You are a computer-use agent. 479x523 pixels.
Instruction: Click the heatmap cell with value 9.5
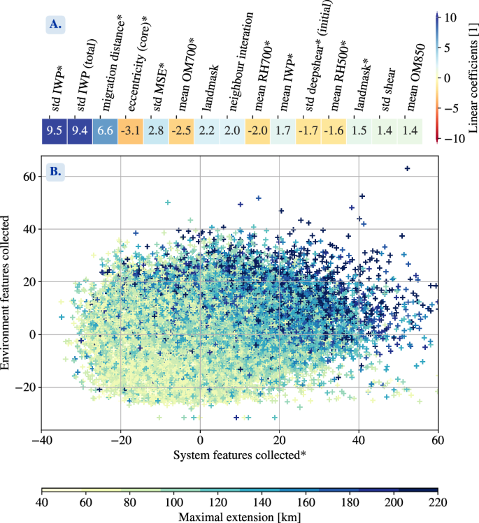coord(54,131)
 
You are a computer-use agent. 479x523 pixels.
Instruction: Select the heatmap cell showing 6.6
coord(105,131)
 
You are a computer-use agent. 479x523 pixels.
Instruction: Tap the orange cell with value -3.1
coord(131,131)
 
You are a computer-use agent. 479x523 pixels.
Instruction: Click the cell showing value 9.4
coord(80,131)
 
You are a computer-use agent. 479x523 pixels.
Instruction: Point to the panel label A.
coord(55,24)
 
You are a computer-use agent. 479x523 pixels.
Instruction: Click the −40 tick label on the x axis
coord(43,441)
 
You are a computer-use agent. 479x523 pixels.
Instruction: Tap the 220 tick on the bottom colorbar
coord(438,503)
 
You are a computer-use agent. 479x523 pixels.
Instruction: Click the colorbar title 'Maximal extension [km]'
coord(240,517)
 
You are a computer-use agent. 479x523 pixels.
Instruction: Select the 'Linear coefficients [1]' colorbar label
coord(473,77)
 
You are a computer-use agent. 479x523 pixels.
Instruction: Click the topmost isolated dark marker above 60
coord(408,168)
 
